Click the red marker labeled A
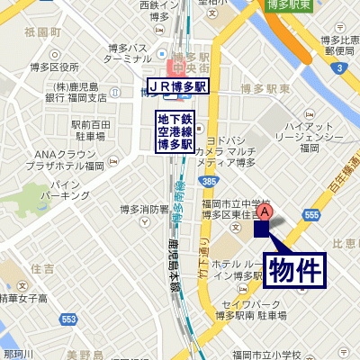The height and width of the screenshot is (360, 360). (265, 211)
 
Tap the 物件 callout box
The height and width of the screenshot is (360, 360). (294, 269)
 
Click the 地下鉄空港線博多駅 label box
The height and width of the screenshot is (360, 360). (176, 131)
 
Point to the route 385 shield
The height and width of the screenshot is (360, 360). (208, 182)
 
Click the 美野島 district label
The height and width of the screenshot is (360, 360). (85, 355)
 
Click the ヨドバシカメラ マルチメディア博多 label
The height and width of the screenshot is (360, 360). (238, 151)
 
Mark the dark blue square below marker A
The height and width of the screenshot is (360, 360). (262, 229)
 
